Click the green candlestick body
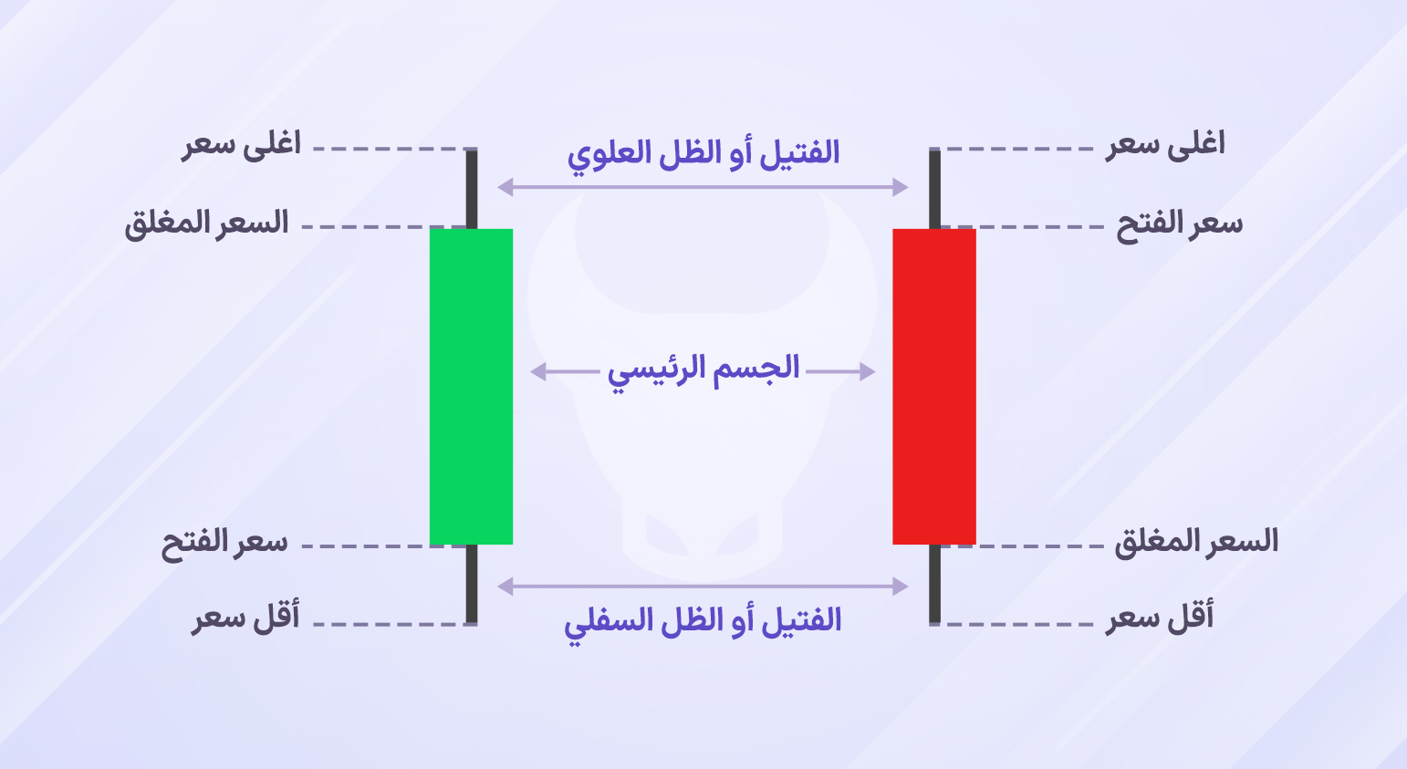click(x=471, y=386)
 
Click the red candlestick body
click(x=933, y=386)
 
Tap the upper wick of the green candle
click(x=472, y=189)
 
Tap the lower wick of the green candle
click(x=472, y=584)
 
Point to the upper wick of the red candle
click(x=934, y=189)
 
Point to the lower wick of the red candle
click(x=934, y=584)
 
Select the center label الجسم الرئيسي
click(x=703, y=369)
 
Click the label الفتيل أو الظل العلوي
click(x=703, y=152)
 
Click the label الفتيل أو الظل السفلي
click(x=703, y=622)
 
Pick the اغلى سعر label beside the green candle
click(x=242, y=145)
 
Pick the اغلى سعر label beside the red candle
click(x=1165, y=145)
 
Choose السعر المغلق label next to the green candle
click(x=206, y=223)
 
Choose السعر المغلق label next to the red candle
click(x=1195, y=542)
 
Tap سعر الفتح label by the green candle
click(x=224, y=543)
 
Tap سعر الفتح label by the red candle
click(x=1179, y=224)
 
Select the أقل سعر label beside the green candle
click(x=245, y=618)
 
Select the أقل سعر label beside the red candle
click(x=1160, y=618)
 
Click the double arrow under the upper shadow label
click(x=703, y=187)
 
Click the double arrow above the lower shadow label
click(x=703, y=587)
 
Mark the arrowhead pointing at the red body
click(x=867, y=371)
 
